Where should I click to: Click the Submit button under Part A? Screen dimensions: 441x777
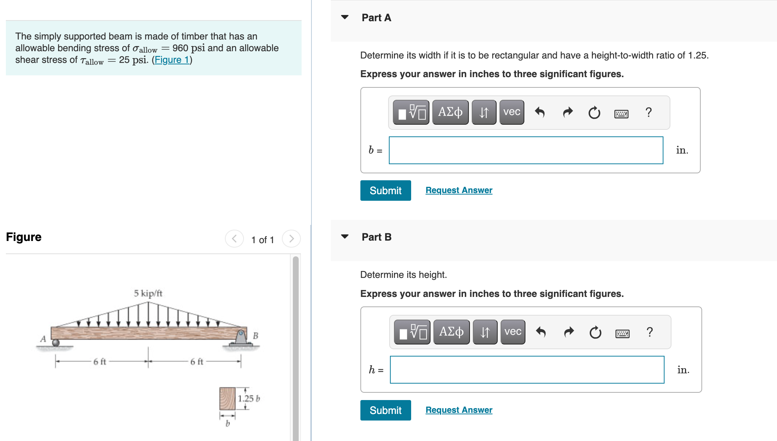click(x=385, y=191)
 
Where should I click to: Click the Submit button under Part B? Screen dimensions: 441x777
click(x=385, y=410)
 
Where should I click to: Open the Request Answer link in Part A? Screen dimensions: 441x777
click(x=459, y=190)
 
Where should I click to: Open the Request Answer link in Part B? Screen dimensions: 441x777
click(x=459, y=410)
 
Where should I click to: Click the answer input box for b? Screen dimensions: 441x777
click(x=526, y=150)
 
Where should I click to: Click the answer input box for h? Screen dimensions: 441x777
click(x=527, y=370)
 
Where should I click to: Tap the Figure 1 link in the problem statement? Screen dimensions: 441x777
click(x=172, y=60)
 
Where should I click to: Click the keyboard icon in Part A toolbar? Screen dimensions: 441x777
click(x=621, y=113)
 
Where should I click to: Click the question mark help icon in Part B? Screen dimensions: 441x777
click(x=649, y=332)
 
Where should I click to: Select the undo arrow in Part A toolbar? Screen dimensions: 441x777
click(x=540, y=112)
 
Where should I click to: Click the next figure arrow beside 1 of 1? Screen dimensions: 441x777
click(x=291, y=239)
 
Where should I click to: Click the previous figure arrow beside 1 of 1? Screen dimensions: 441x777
click(x=234, y=239)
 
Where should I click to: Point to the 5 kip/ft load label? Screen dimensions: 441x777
click(x=148, y=293)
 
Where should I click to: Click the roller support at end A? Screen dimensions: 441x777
click(x=56, y=343)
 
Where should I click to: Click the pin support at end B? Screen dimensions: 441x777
click(x=241, y=337)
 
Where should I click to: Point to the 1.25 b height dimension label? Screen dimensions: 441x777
click(x=249, y=399)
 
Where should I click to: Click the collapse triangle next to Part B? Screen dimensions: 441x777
click(x=345, y=237)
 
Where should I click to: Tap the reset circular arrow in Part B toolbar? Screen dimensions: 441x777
click(x=595, y=332)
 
